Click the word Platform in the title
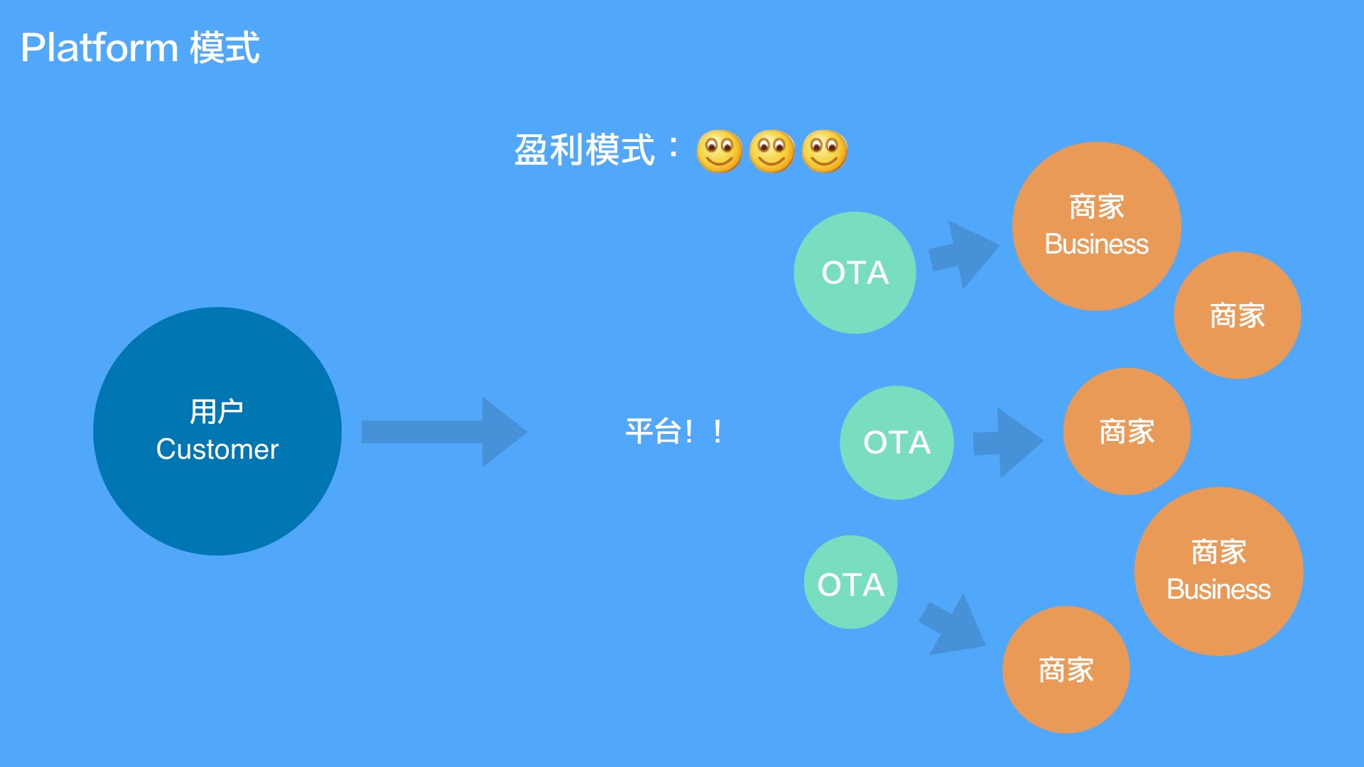tap(99, 48)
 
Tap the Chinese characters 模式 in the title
tap(224, 48)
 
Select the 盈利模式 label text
tap(584, 150)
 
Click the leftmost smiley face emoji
tap(719, 151)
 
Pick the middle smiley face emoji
tap(772, 151)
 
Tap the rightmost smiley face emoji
tap(824, 151)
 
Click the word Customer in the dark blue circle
tap(217, 450)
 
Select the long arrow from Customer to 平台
tap(440, 432)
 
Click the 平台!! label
tap(673, 431)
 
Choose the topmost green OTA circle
tap(855, 273)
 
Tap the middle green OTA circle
tap(897, 442)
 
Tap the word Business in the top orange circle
tap(1096, 244)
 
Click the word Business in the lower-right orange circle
tap(1218, 589)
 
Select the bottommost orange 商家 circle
tap(1066, 670)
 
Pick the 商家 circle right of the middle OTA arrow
tap(1126, 431)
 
